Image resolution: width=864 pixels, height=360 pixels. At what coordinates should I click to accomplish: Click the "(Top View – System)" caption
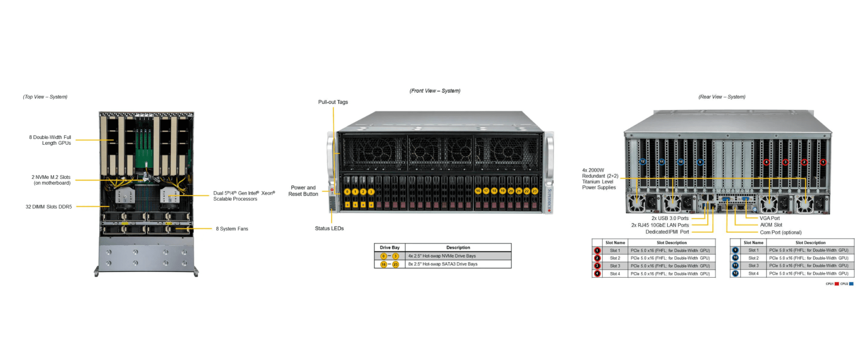[x=45, y=97]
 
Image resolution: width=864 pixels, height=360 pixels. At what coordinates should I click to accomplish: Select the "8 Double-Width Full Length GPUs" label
[x=50, y=140]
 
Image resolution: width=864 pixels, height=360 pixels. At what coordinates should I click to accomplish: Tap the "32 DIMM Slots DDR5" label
[x=49, y=207]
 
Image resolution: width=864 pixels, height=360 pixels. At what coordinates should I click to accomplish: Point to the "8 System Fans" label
[x=232, y=229]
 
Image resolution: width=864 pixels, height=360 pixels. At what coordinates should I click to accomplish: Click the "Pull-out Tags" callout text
[x=333, y=102]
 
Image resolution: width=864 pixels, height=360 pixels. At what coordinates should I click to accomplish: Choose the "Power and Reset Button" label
[x=303, y=191]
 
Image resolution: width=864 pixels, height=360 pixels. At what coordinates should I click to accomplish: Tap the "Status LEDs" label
[x=329, y=228]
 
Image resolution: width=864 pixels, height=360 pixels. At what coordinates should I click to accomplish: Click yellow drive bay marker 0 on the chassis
[x=347, y=192]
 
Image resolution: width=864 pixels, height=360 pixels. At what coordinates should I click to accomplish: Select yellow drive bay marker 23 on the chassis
[x=535, y=191]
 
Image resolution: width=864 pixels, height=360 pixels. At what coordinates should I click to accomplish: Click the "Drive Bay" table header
[x=389, y=248]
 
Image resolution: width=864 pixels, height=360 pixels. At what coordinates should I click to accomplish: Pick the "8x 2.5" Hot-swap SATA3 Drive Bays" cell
[x=443, y=264]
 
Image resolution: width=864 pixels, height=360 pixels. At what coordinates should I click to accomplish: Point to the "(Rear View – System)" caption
[x=722, y=97]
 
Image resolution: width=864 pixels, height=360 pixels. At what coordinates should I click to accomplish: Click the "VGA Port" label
[x=769, y=218]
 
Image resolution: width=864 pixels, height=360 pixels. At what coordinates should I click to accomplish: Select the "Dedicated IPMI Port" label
[x=667, y=232]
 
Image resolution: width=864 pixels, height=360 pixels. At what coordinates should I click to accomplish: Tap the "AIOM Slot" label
[x=771, y=225]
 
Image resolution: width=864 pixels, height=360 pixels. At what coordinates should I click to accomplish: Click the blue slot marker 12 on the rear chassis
[x=643, y=162]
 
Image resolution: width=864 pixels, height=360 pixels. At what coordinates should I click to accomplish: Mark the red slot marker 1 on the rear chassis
[x=823, y=162]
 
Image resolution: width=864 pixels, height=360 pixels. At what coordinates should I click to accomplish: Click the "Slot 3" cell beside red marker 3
[x=615, y=266]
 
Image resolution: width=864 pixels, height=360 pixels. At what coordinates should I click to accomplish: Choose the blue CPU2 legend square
[x=851, y=284]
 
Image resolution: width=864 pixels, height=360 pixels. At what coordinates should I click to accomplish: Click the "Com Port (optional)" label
[x=780, y=233]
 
